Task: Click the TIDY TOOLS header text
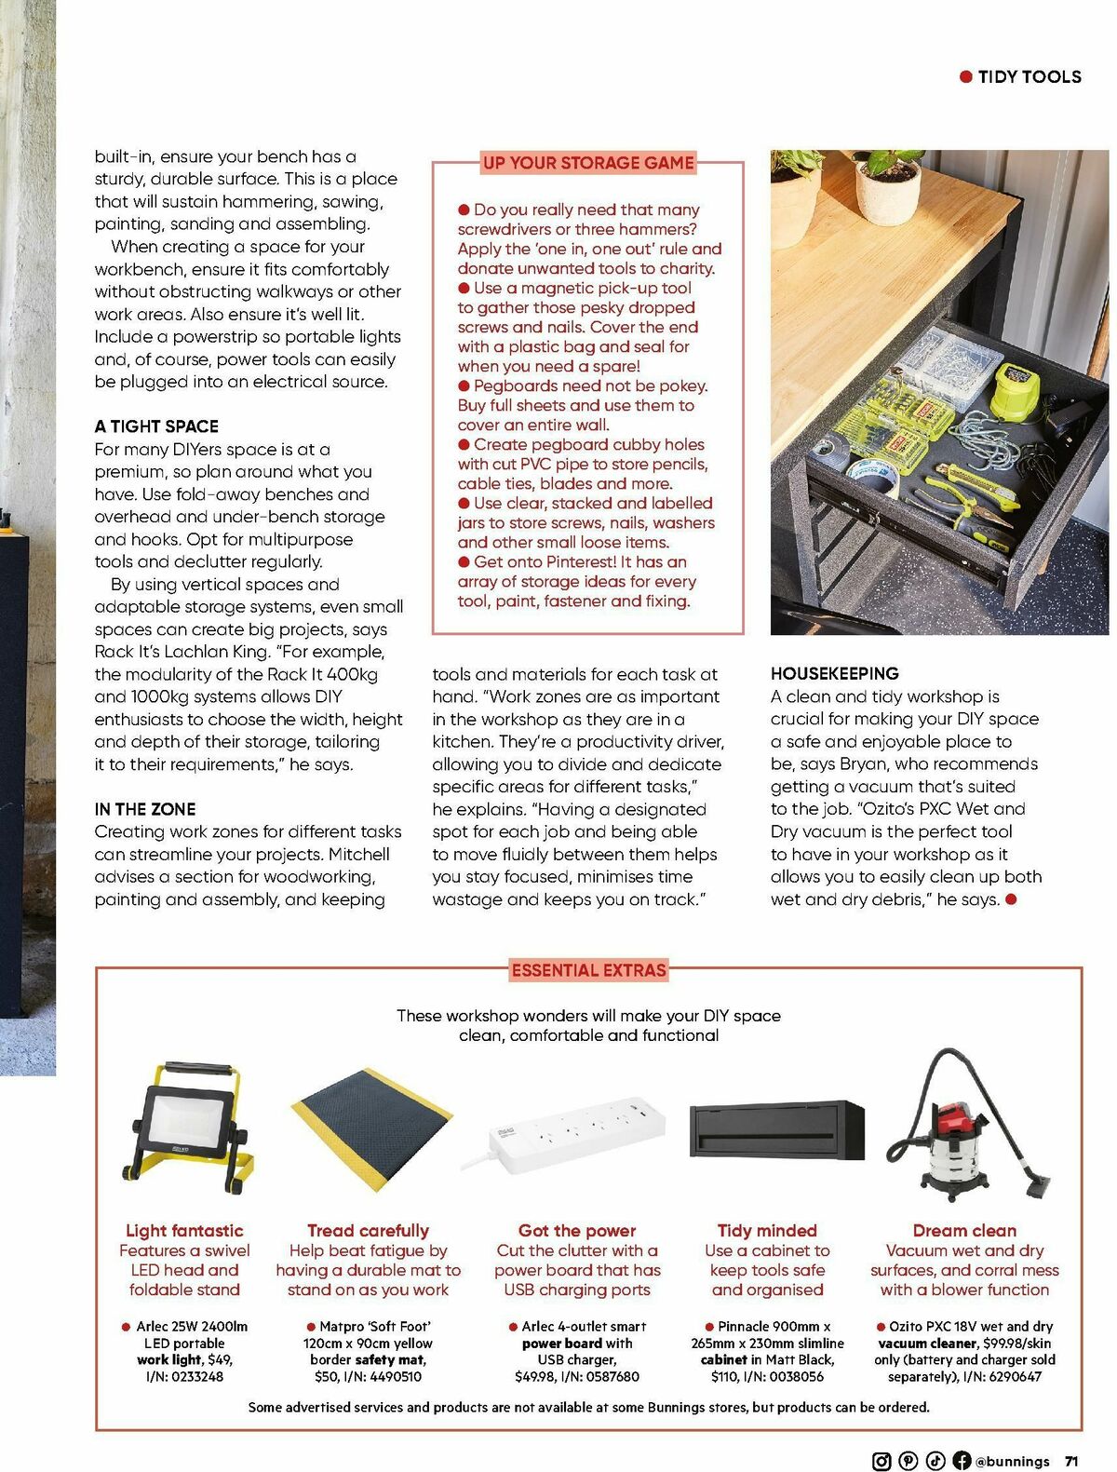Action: [x=1029, y=77]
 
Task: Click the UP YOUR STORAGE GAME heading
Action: [x=588, y=163]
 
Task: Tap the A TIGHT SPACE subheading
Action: [x=156, y=426]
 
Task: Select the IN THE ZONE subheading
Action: [x=145, y=809]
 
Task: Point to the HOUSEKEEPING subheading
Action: [x=834, y=673]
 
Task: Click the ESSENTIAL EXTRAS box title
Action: [x=588, y=970]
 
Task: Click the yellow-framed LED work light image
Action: [x=187, y=1130]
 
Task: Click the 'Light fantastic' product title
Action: [x=184, y=1231]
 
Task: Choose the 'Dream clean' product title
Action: [x=964, y=1231]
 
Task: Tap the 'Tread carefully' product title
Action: [x=368, y=1231]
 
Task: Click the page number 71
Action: [x=1071, y=1461]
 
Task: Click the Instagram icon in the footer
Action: [x=881, y=1461]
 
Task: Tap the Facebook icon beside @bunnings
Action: [x=962, y=1461]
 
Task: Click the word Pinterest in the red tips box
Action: [x=576, y=562]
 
